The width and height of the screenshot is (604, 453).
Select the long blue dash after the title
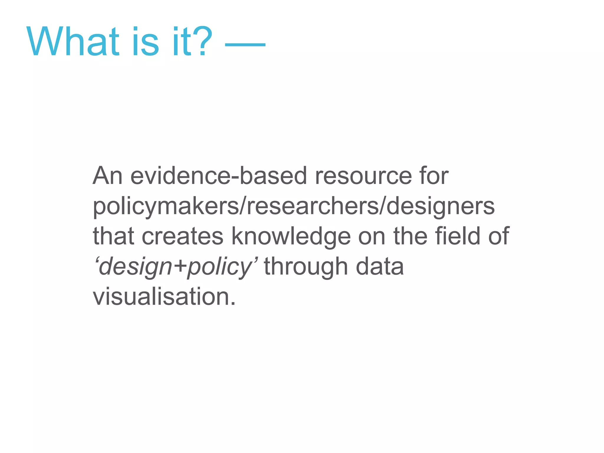pyautogui.click(x=245, y=45)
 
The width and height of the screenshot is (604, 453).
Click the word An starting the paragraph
pyautogui.click(x=108, y=176)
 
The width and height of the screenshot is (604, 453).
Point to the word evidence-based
pyautogui.click(x=219, y=176)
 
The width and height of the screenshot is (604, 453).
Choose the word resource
pyautogui.click(x=363, y=176)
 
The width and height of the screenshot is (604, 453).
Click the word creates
pyautogui.click(x=183, y=236)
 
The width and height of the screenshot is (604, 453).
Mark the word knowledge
pyautogui.click(x=291, y=237)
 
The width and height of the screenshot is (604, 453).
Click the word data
pyautogui.click(x=380, y=266)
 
